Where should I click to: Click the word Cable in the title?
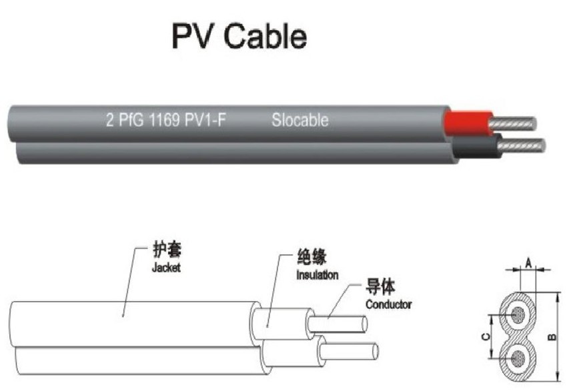(265, 37)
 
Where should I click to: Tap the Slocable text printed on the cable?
(300, 121)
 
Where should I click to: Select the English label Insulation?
(317, 275)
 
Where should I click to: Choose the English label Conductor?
(388, 304)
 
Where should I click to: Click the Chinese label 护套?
(167, 252)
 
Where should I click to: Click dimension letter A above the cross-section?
(528, 262)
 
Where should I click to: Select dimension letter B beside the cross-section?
(553, 338)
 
